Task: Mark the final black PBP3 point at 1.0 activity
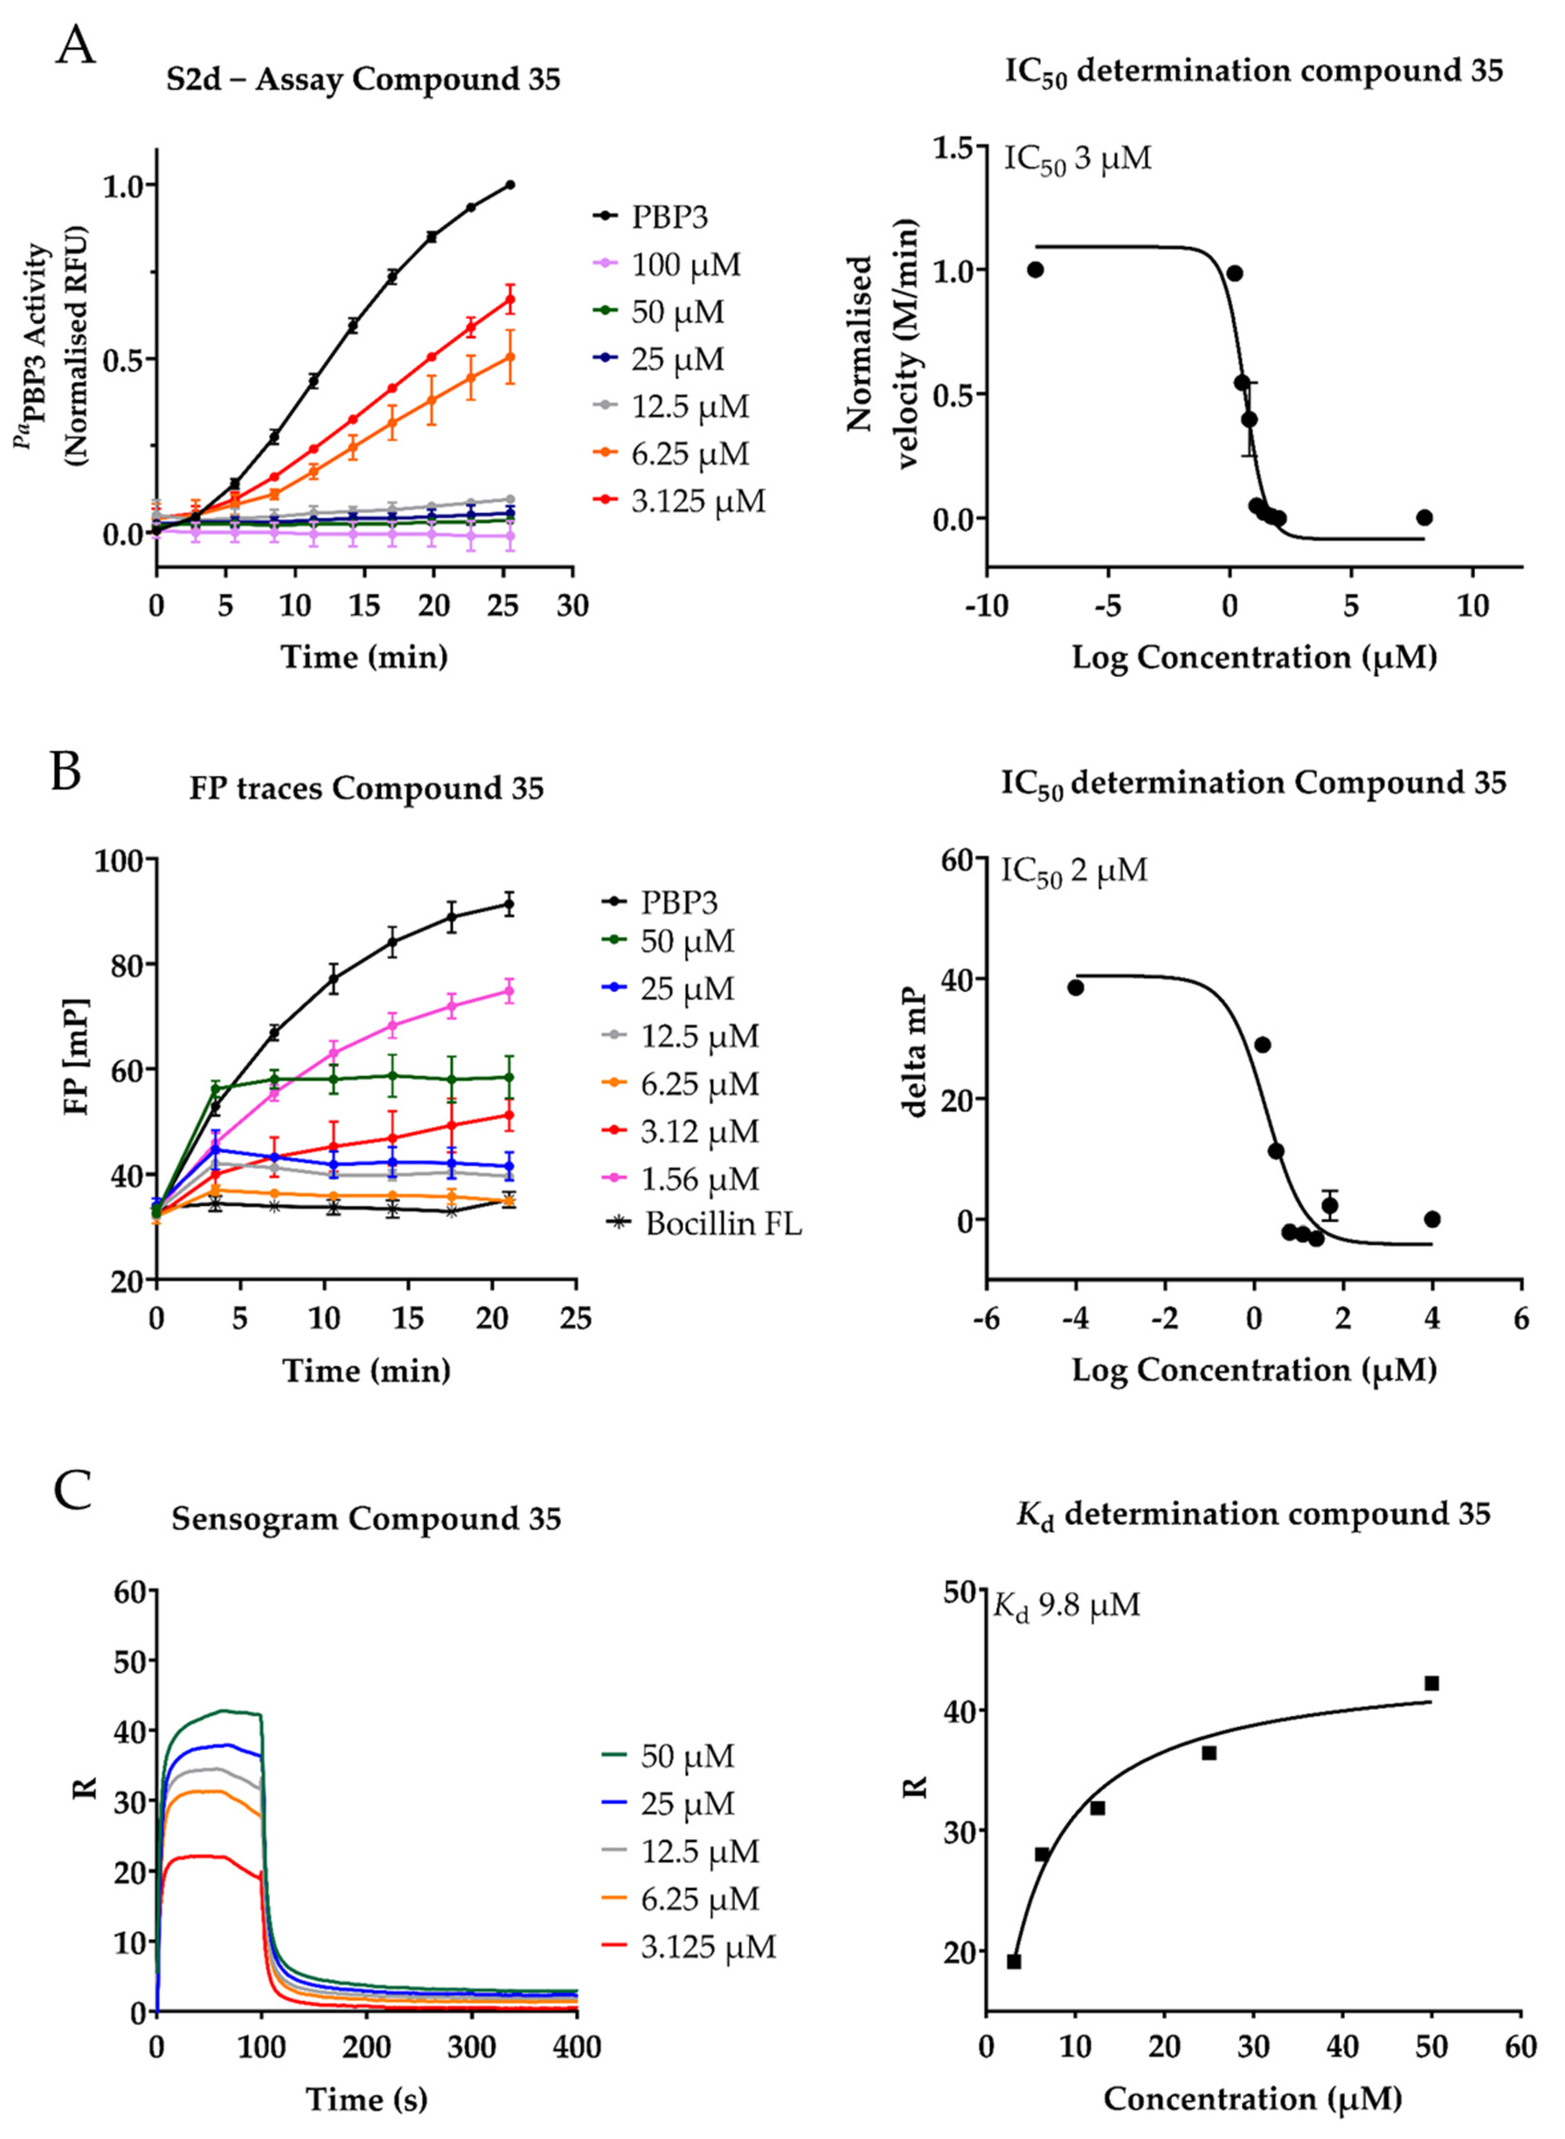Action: point(511,185)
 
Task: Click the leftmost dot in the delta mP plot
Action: point(1075,987)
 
